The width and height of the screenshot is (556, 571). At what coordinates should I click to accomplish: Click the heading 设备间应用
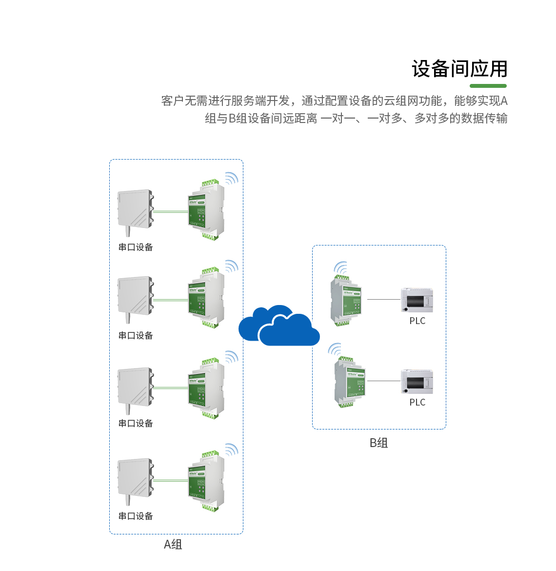pos(459,69)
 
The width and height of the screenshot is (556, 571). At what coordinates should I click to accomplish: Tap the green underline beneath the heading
pos(488,86)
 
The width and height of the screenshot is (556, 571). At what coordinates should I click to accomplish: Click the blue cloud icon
pos(279,326)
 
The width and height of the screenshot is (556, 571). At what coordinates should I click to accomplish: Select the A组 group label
pos(173,545)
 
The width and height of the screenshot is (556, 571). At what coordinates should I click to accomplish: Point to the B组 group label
pos(378,443)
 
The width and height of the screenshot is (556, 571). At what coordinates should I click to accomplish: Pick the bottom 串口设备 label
pos(136,516)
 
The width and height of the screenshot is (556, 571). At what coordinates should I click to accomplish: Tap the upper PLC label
pos(417,321)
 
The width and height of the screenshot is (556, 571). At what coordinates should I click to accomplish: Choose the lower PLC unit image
pos(417,382)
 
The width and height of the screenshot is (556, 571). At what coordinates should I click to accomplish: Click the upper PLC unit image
pos(417,300)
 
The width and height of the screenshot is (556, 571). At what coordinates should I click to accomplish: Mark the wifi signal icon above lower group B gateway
pos(335,349)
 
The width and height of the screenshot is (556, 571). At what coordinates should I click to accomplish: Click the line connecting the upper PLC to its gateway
pos(383,299)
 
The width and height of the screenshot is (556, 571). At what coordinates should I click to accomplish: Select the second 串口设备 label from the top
pos(136,335)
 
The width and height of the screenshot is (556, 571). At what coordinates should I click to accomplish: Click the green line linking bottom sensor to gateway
pos(170,481)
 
